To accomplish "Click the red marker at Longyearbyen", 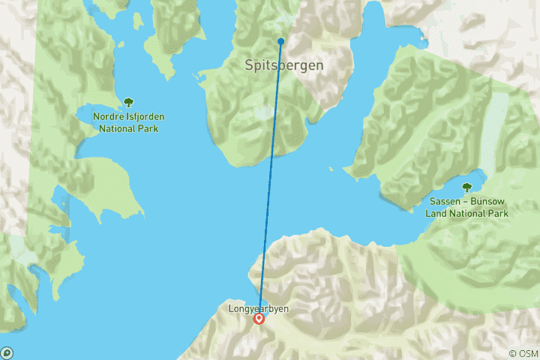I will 259,319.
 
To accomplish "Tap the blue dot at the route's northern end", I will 280,41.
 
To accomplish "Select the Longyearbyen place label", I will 259,308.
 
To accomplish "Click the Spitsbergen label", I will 284,65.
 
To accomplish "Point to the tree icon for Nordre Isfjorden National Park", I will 128,102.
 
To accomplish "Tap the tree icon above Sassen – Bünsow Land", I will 466,187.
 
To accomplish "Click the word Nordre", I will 109,117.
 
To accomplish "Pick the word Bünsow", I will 487,202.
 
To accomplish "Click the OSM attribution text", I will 527,353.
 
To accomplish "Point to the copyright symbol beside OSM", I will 512,353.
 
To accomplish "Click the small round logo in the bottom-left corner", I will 7,352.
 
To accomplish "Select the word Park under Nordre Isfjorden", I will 149,128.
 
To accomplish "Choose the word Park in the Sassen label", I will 496,213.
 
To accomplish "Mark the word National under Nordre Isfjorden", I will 118,128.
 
